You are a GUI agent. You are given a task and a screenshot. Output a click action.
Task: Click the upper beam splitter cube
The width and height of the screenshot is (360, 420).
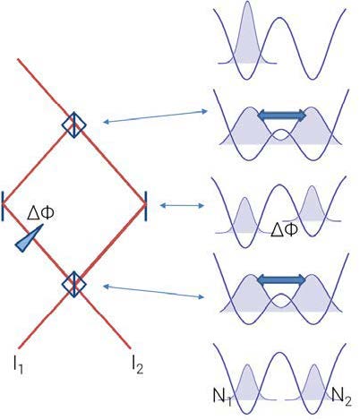[x=73, y=124]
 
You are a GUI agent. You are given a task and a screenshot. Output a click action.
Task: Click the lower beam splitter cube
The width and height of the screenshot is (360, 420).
[x=73, y=284]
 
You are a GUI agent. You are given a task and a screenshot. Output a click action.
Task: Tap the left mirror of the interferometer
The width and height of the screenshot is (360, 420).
[x=3, y=206]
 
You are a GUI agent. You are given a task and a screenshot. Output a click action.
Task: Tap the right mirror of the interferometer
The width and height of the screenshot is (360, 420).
[x=146, y=206]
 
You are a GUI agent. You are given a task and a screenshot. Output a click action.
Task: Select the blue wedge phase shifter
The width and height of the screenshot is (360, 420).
[x=29, y=238]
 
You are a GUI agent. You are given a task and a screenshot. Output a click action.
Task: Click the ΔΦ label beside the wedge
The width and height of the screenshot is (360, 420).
[x=40, y=214]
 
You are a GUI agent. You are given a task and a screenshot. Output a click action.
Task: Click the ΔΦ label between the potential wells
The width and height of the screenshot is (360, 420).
[x=284, y=230]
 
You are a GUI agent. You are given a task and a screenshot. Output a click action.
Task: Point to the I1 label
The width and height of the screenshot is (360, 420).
[x=18, y=364]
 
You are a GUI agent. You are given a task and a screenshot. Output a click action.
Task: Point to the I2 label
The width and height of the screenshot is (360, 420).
[x=138, y=364]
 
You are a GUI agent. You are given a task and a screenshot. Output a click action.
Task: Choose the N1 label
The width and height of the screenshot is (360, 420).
[x=222, y=397]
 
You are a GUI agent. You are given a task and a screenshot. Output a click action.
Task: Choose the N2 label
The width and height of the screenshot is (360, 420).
[x=341, y=397]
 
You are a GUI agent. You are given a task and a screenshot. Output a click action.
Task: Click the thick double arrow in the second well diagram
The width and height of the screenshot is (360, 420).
[x=281, y=116]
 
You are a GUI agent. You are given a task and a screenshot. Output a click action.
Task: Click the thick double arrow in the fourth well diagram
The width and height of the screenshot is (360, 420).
[x=281, y=279]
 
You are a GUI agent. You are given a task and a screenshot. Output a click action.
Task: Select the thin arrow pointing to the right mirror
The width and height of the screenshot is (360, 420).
[x=182, y=205]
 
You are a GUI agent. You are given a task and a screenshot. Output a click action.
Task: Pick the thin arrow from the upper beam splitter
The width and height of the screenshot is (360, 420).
[x=155, y=116]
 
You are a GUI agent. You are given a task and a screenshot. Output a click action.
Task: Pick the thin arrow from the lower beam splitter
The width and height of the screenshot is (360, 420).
[x=153, y=292]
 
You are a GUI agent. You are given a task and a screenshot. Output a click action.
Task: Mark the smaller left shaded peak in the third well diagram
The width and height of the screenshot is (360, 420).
[x=244, y=216]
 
